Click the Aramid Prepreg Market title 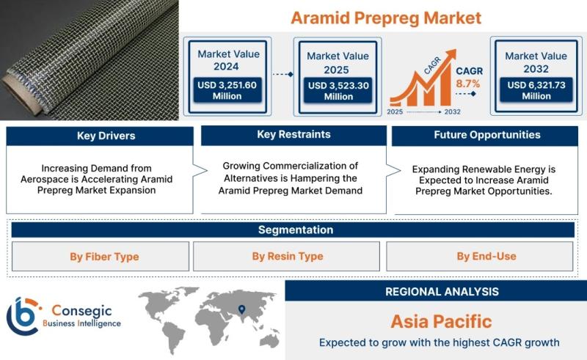(386, 18)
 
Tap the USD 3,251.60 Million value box (227, 90)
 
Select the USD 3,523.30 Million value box (338, 91)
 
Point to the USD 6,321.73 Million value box (536, 90)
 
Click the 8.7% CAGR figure (468, 84)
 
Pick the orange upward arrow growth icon (423, 78)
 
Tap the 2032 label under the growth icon (452, 112)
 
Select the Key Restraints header (294, 135)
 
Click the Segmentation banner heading (296, 229)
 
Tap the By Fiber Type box (101, 257)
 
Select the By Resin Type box (286, 257)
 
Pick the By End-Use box (480, 257)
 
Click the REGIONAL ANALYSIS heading (442, 292)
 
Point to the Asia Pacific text (442, 321)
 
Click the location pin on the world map (242, 309)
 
